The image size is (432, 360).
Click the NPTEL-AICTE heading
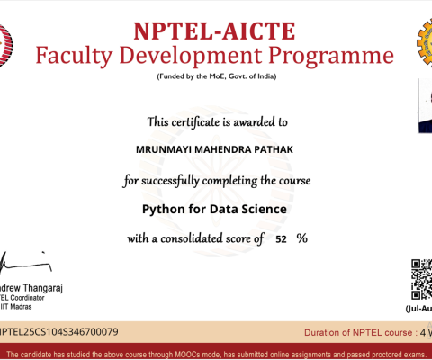(x=215, y=30)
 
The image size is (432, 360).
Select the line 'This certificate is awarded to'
(x=217, y=121)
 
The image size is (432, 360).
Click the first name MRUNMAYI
(x=160, y=150)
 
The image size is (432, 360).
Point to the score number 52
(x=282, y=239)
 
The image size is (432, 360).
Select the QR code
(x=421, y=279)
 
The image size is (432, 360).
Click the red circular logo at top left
(x=5, y=40)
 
